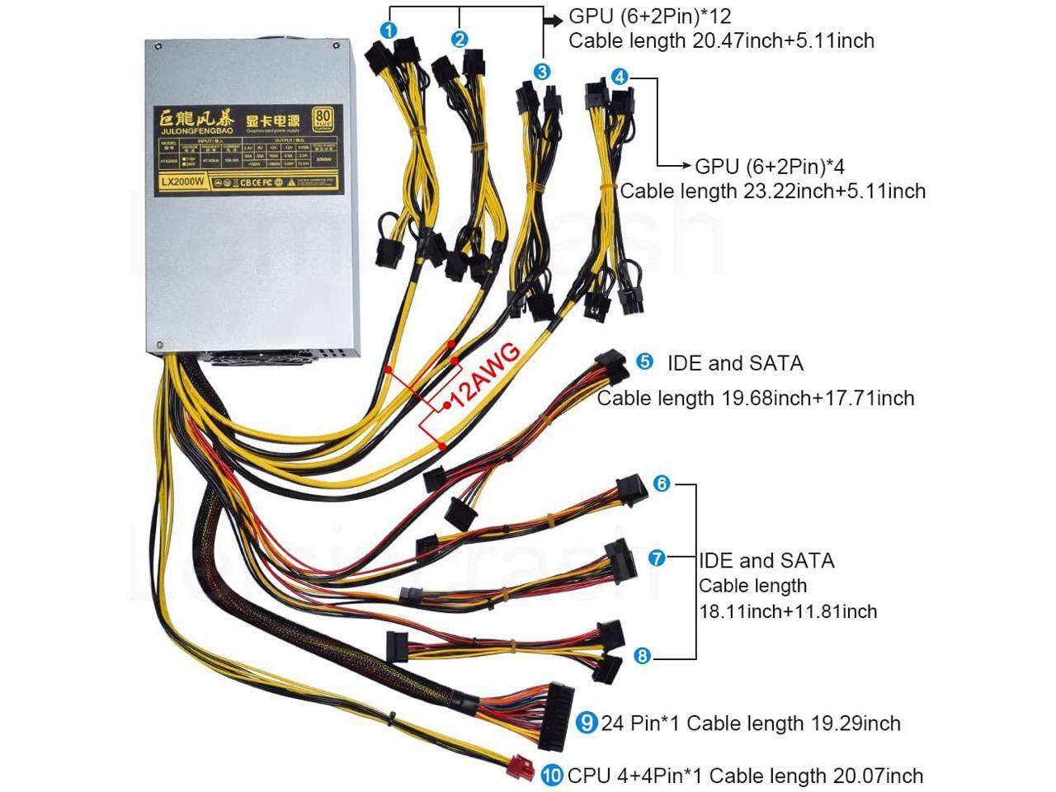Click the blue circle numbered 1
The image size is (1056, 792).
pos(389,31)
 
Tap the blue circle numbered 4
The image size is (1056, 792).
pos(620,78)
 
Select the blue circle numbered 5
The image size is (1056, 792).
pos(644,362)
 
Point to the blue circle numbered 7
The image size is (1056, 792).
pos(657,558)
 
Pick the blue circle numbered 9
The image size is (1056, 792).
pos(587,723)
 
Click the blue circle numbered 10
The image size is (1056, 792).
pos(552,775)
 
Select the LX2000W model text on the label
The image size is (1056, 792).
pos(182,184)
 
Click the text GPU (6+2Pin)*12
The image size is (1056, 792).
pos(650,16)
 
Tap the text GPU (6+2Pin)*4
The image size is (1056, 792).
pos(770,166)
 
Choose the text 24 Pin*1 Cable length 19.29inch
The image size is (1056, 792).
pos(751,724)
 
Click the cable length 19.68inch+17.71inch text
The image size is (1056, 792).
pos(756,398)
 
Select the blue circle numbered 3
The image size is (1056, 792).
pos(541,72)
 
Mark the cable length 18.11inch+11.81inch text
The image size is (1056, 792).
pos(788,611)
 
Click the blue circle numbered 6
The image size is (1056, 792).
pos(662,483)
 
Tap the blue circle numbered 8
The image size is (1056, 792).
pos(643,657)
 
